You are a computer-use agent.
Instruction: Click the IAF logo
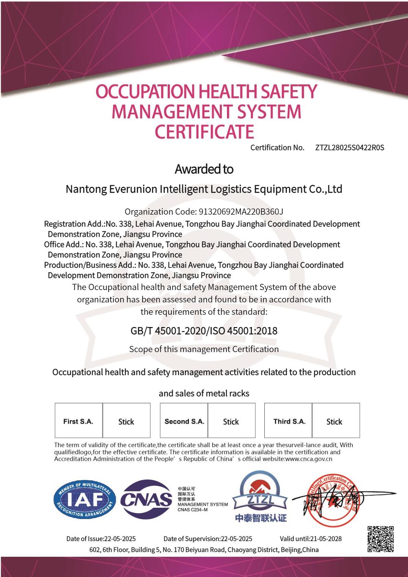pyautogui.click(x=84, y=499)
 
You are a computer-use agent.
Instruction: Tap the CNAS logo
pyautogui.click(x=146, y=499)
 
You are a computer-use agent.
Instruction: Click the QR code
pyautogui.click(x=380, y=539)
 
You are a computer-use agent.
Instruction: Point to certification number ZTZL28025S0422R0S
pyautogui.click(x=349, y=148)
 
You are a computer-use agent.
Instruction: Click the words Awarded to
pyautogui.click(x=204, y=169)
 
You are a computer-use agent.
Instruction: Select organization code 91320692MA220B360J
pyautogui.click(x=241, y=212)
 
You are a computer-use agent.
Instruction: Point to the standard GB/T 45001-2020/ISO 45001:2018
pyautogui.click(x=204, y=331)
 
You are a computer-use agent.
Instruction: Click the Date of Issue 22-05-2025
pyautogui.click(x=101, y=539)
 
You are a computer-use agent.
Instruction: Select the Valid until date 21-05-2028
pyautogui.click(x=311, y=539)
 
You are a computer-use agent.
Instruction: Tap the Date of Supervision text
pyautogui.click(x=208, y=539)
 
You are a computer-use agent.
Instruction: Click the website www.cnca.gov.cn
pyautogui.click(x=309, y=459)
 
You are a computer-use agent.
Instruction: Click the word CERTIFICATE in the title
pyautogui.click(x=204, y=132)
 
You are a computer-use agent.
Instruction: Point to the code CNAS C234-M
pyautogui.click(x=192, y=510)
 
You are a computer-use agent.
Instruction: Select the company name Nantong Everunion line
pyautogui.click(x=204, y=189)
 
